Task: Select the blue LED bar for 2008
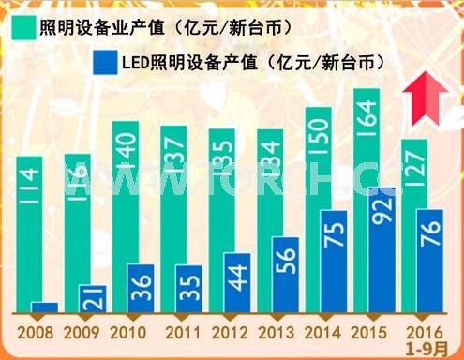(x=44, y=307)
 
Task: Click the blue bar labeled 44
(x=236, y=282)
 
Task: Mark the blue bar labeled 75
(x=334, y=261)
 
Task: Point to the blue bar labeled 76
(x=429, y=260)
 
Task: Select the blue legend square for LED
(x=104, y=62)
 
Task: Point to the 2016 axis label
(x=423, y=332)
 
